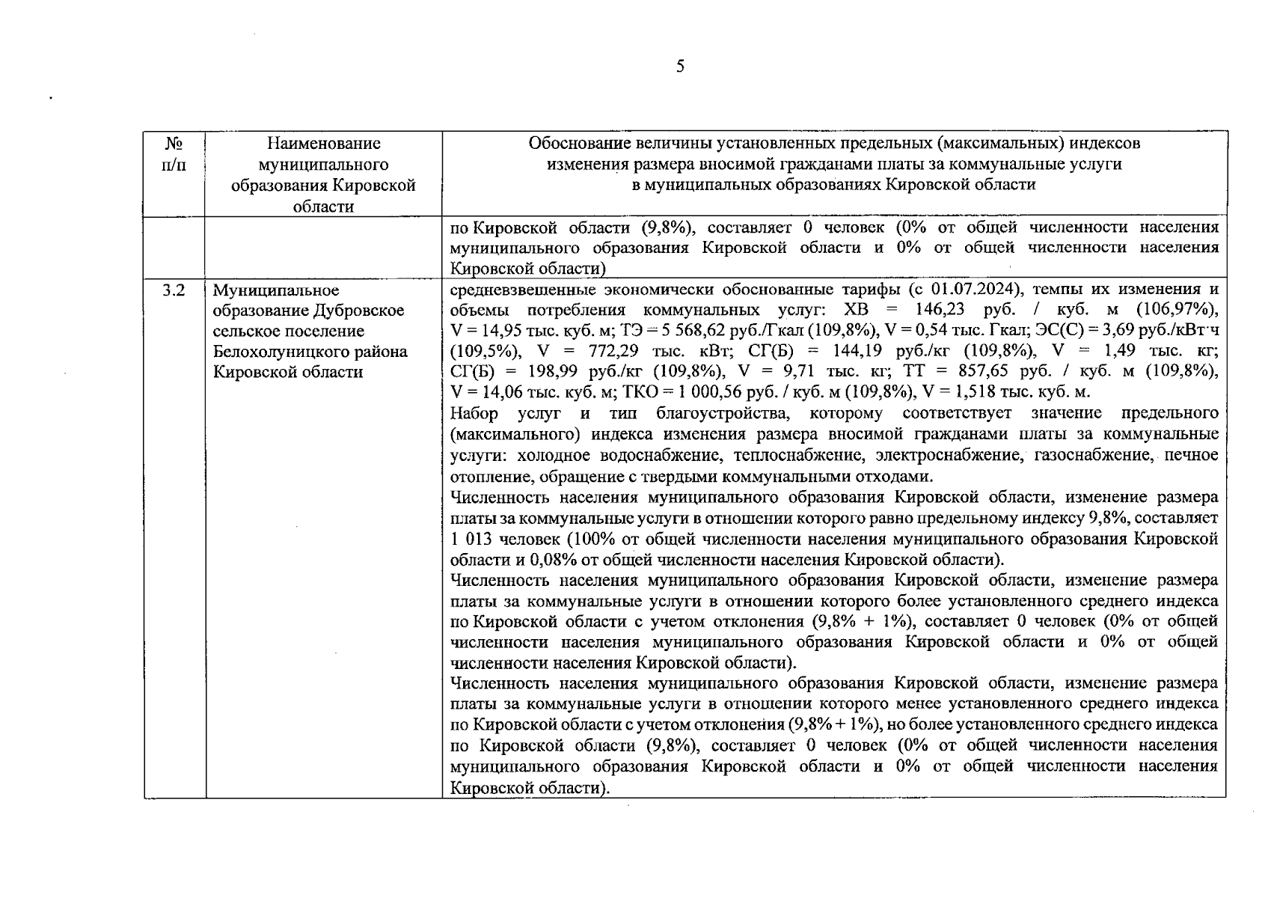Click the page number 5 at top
679,67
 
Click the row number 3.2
174,290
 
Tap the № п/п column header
174,153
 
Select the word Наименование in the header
323,143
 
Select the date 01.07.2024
976,289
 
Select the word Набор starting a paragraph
474,413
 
